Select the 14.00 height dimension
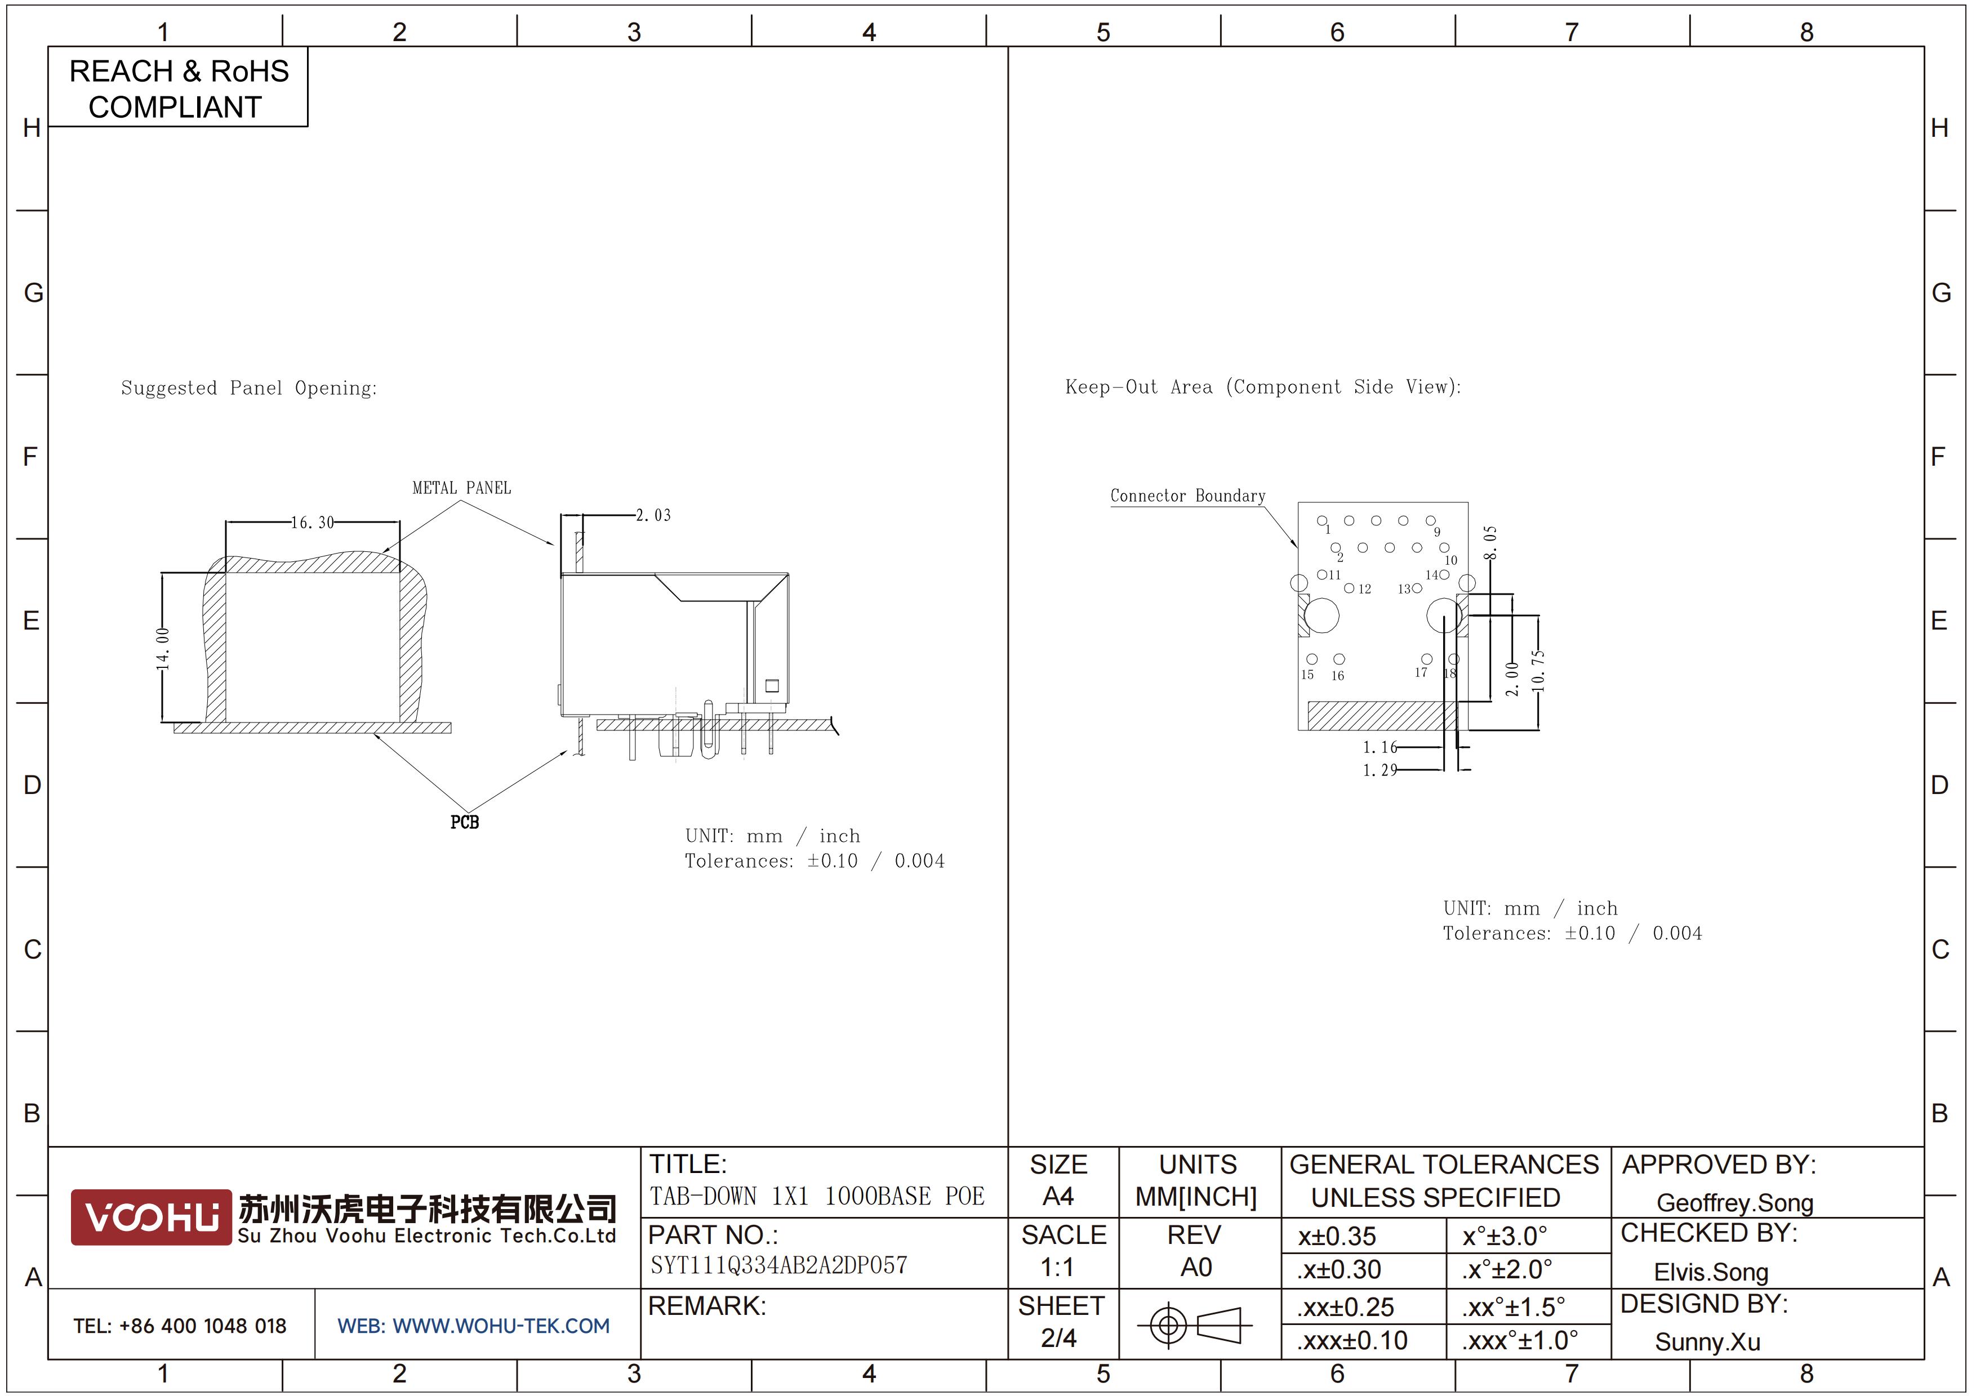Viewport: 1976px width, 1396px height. [x=163, y=649]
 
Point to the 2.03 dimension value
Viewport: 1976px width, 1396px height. [x=653, y=515]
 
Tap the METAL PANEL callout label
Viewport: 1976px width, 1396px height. [x=461, y=488]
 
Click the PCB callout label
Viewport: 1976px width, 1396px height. [x=465, y=822]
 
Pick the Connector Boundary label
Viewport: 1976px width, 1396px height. [x=1187, y=496]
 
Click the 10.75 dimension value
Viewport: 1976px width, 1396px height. [x=1539, y=671]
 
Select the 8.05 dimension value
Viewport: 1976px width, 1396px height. [x=1490, y=542]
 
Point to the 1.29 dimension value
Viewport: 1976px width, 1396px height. [x=1379, y=770]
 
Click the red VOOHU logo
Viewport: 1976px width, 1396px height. [x=152, y=1217]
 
